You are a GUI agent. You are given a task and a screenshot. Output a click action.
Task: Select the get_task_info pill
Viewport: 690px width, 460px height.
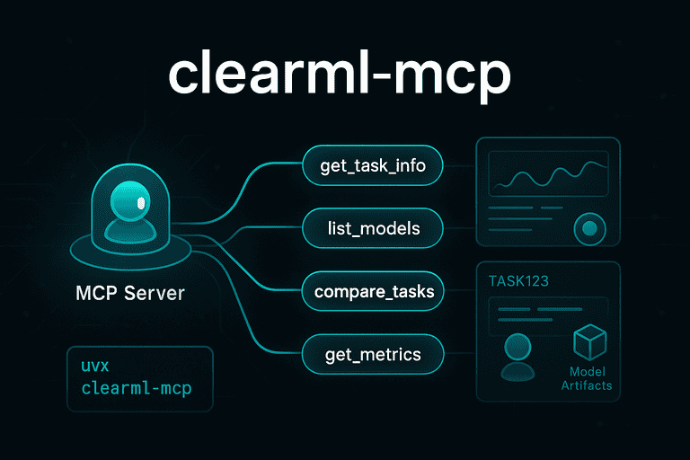click(x=373, y=165)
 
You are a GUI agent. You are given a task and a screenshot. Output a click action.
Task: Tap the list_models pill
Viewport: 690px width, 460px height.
click(x=373, y=228)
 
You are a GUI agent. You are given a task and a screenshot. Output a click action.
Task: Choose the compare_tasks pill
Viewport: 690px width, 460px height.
click(x=373, y=292)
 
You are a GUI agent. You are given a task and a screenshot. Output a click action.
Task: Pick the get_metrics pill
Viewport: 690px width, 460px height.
click(x=373, y=355)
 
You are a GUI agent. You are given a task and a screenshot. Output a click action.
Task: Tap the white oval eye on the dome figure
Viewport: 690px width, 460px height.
click(x=140, y=204)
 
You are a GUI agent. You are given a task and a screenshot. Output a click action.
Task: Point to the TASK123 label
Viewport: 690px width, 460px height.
click(x=518, y=280)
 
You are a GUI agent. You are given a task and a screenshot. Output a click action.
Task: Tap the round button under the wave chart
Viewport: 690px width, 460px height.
click(x=589, y=228)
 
